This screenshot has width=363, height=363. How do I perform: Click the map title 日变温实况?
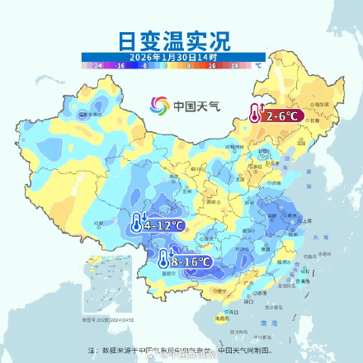point(181,39)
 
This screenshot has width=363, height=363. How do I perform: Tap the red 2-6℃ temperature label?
point(280,116)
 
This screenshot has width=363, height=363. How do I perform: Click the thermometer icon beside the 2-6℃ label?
point(256,115)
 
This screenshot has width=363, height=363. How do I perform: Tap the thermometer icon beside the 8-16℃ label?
point(163,260)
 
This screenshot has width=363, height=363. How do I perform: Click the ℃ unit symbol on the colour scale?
point(258,64)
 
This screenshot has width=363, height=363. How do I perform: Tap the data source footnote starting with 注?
point(181,350)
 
